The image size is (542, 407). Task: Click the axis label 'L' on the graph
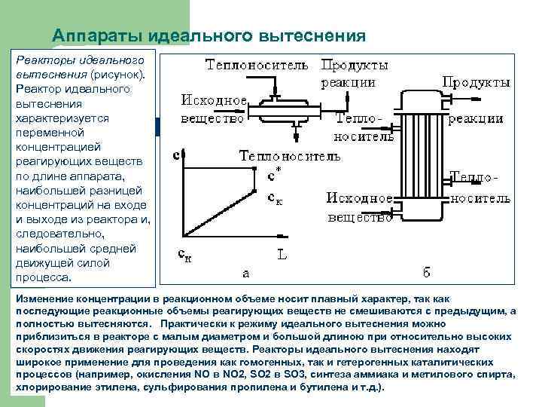(281, 255)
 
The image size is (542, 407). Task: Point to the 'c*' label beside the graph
(275, 174)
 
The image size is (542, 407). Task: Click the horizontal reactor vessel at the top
(290, 113)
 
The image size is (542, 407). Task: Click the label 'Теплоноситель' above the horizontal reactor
(257, 65)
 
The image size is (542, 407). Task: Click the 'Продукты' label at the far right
(477, 82)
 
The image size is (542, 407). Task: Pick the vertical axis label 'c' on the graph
(176, 155)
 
